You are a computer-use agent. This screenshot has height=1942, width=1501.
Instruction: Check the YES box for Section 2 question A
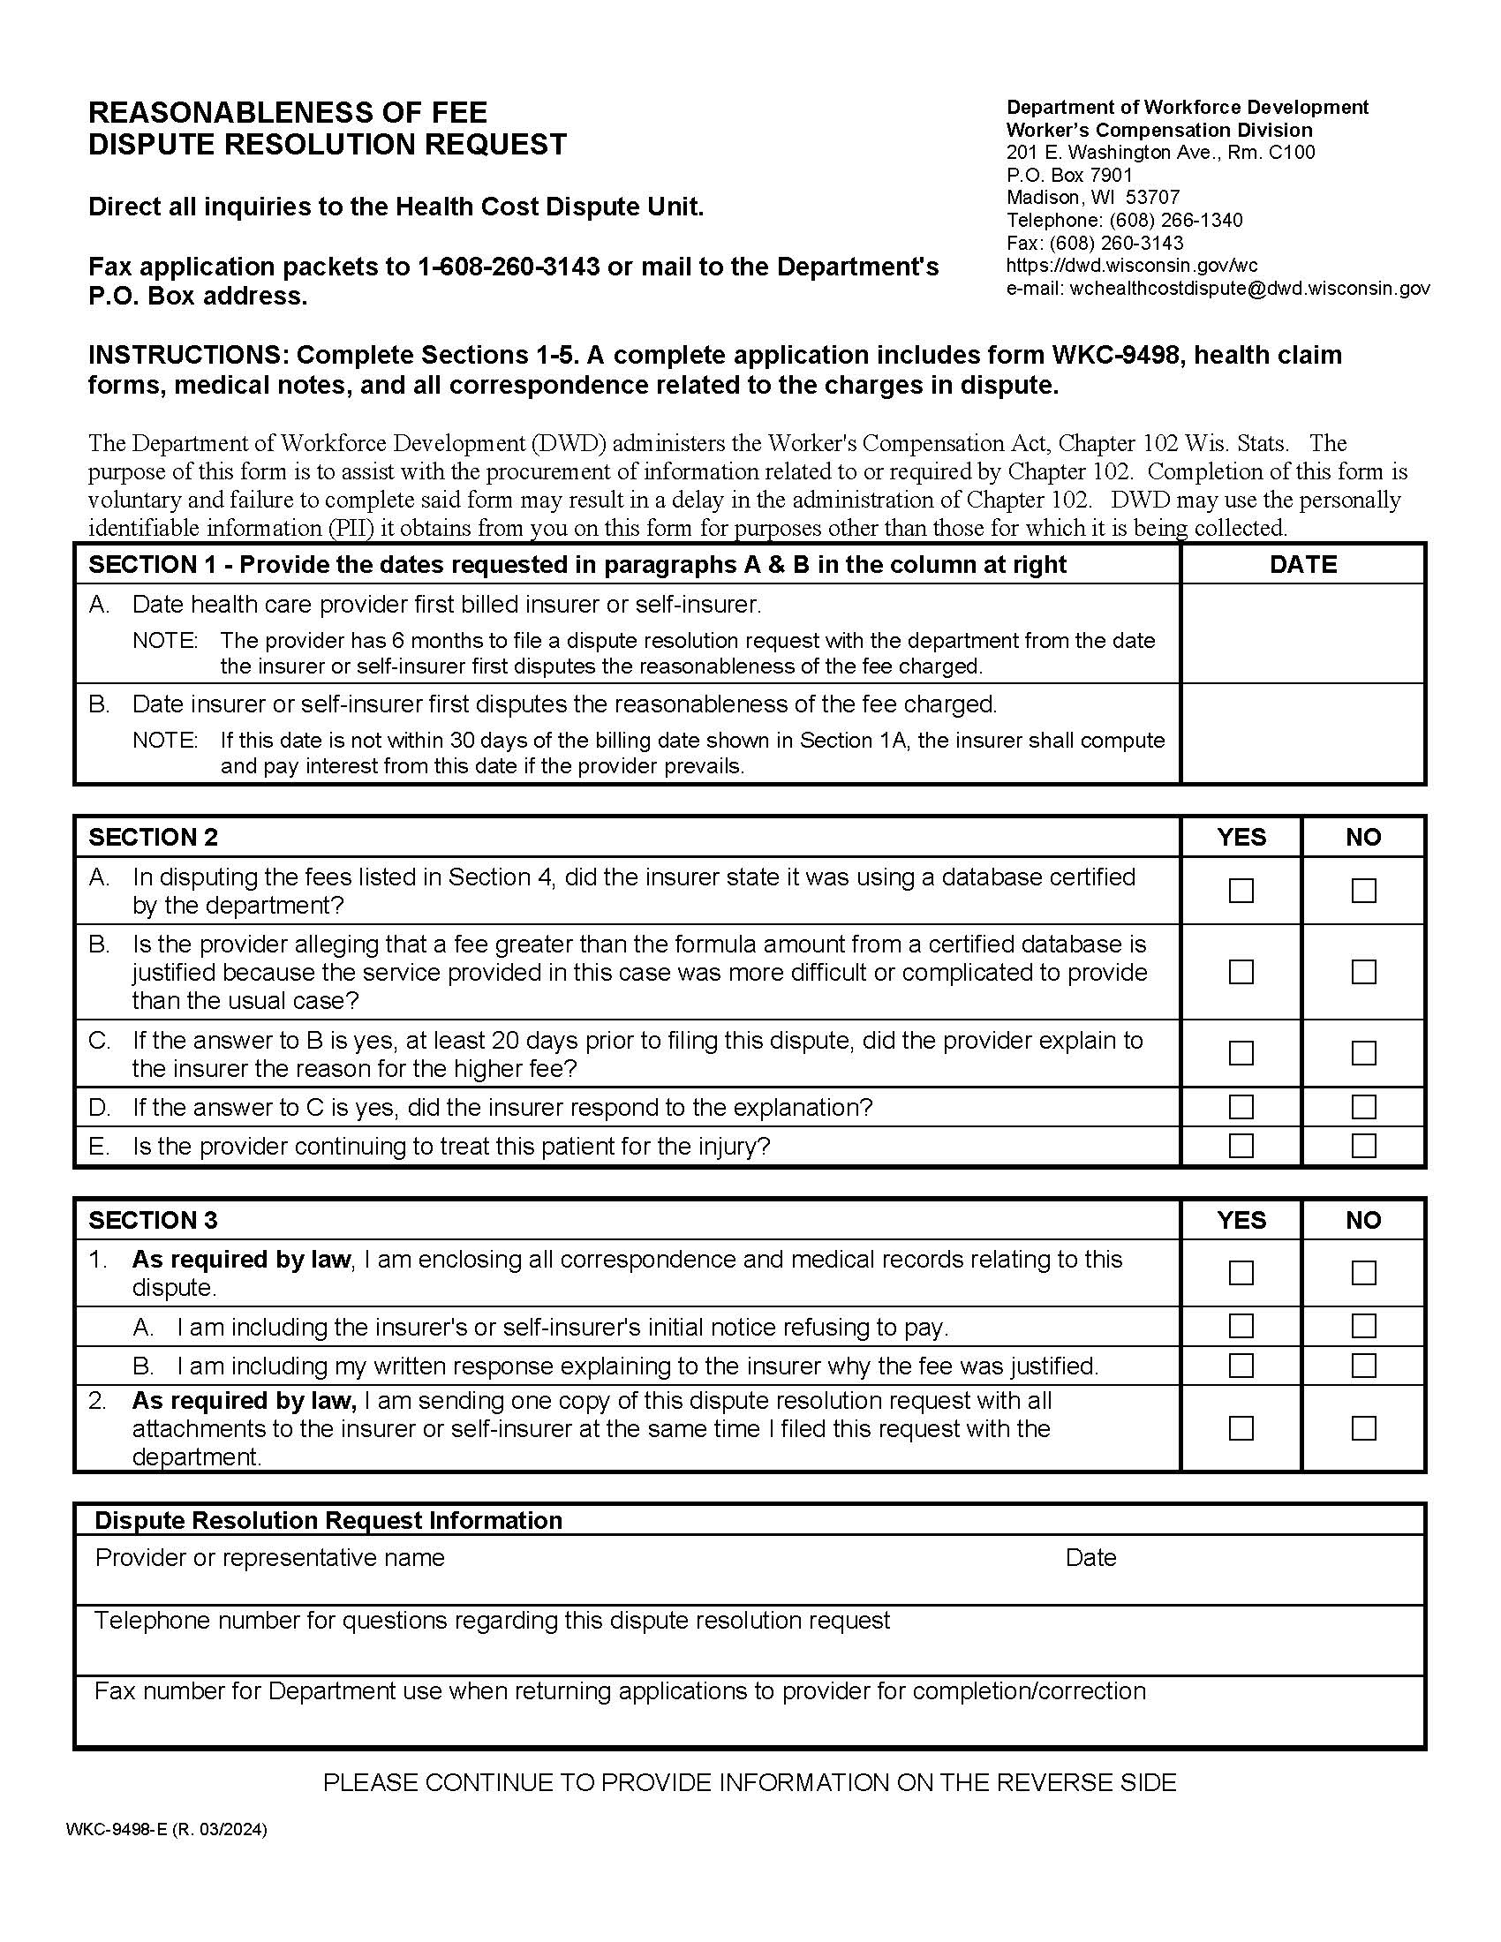coord(1241,890)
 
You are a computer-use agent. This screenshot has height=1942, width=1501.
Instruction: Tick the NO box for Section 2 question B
coord(1363,972)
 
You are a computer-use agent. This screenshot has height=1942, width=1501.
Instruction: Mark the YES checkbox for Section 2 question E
coord(1241,1145)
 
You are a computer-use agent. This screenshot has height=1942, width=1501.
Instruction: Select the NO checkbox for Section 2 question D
coord(1363,1107)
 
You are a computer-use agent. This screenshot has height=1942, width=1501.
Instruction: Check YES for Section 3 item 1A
coord(1241,1326)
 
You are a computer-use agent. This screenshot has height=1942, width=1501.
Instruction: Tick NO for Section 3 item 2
coord(1363,1428)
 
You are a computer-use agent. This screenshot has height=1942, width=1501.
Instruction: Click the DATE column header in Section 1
coord(1302,565)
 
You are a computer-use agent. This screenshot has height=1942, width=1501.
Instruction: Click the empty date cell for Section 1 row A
coord(1302,633)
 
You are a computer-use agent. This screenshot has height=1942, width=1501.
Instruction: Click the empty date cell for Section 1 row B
coord(1302,734)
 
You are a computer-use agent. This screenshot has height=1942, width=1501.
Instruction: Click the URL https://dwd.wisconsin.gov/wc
coord(1131,265)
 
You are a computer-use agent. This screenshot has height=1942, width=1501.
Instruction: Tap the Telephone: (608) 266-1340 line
coord(1124,220)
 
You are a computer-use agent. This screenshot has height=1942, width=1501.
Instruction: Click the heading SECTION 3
coord(153,1220)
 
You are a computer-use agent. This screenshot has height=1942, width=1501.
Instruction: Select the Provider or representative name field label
coord(269,1557)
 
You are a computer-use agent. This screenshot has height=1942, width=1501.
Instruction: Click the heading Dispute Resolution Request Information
coord(328,1520)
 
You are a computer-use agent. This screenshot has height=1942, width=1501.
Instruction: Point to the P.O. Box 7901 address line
coord(1069,174)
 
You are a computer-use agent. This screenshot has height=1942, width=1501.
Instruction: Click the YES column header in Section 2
coord(1241,837)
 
